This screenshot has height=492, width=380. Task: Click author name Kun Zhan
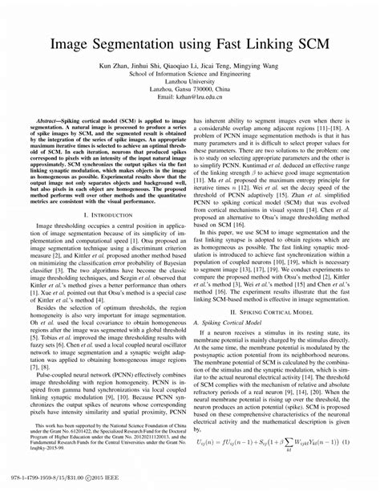click(115, 69)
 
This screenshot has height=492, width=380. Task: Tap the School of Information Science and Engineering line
click(191, 78)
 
